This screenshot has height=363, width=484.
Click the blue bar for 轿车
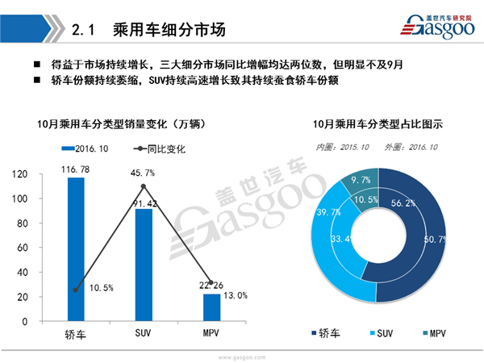tap(75, 249)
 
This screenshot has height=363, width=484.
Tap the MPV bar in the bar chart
tap(211, 307)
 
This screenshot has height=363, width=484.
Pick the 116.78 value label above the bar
tap(75, 169)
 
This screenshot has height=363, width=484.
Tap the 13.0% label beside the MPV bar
tap(236, 295)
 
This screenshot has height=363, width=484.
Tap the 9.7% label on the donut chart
tap(361, 181)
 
